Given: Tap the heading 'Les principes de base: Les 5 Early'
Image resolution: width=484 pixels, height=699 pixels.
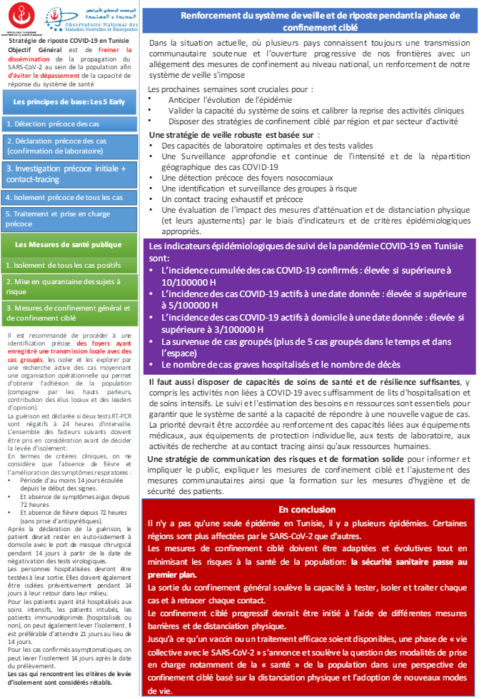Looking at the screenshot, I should tap(69, 102).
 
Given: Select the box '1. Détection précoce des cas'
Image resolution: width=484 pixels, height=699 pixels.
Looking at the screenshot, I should tap(69, 124).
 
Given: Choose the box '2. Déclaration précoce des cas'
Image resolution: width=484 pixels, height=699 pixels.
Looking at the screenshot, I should tap(69, 146).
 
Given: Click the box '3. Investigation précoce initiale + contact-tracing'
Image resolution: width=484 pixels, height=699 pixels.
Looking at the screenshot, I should tap(69, 174).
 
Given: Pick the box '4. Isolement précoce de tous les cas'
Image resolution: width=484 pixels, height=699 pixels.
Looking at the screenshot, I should tap(69, 197).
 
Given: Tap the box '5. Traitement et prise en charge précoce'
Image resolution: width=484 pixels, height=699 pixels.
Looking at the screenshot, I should tap(69, 218).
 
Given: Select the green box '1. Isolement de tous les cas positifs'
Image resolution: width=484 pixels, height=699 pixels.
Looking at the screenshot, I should tap(69, 266).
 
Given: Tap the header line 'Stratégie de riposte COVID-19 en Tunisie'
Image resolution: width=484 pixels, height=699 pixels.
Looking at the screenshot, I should tap(69, 41).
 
